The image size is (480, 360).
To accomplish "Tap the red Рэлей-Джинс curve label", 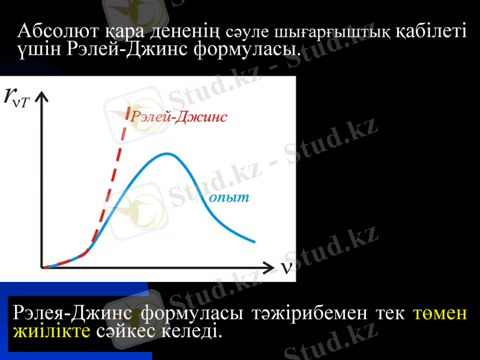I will point(179,117).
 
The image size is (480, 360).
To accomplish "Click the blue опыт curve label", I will point(229,197).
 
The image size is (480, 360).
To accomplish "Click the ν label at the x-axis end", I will point(287,266).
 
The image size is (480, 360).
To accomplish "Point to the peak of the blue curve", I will point(166,154).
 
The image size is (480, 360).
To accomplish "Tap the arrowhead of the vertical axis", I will point(41,97).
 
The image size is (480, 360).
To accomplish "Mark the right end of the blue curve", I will point(254,242).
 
